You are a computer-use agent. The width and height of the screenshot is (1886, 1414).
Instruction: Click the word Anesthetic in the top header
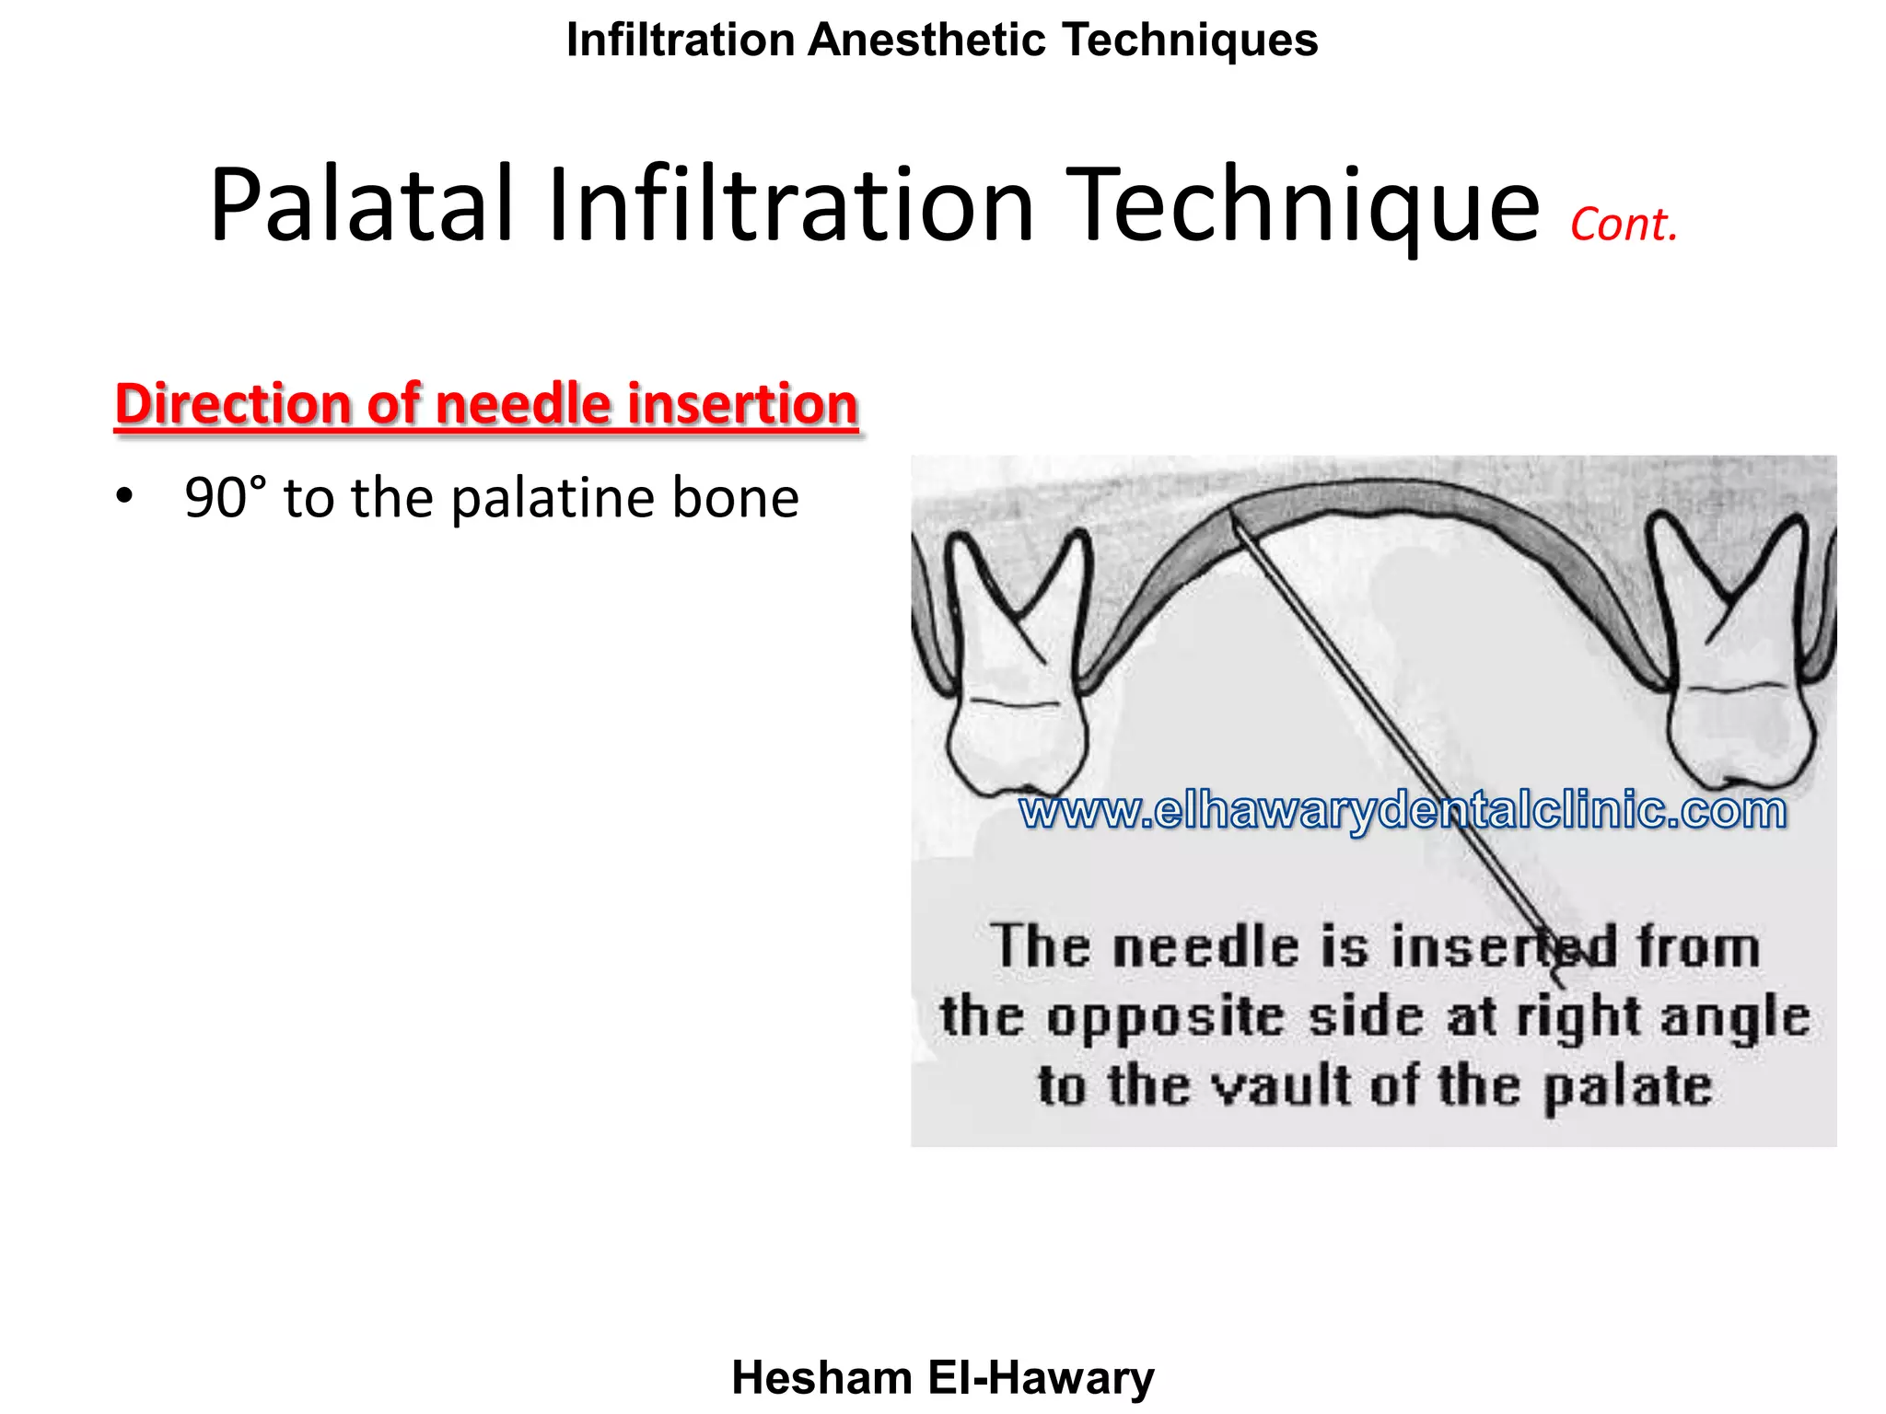[927, 41]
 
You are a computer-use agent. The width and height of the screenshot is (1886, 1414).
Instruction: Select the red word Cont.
[1624, 226]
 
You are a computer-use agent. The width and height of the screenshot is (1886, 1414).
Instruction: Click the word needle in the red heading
[523, 405]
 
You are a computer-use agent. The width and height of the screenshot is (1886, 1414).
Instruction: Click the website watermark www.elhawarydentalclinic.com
[1402, 811]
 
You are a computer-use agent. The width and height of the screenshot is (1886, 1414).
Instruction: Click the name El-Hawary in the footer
[1041, 1378]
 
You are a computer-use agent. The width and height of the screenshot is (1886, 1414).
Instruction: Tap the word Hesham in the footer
[821, 1378]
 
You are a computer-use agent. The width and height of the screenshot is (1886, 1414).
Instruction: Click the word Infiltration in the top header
[681, 41]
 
